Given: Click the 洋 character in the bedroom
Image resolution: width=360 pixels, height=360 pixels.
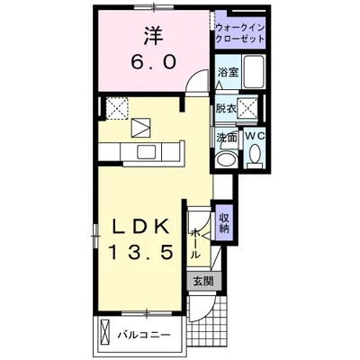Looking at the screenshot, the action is [153, 36].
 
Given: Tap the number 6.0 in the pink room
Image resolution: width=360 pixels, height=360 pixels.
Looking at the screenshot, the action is [153, 63].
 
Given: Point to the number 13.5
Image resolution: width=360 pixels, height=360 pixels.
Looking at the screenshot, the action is [140, 252].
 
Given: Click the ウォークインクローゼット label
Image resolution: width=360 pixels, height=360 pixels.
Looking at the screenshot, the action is [240, 33].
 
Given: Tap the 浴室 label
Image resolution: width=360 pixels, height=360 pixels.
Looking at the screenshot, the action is [228, 72].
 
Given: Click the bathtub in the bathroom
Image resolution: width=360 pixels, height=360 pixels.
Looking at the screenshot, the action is [253, 72].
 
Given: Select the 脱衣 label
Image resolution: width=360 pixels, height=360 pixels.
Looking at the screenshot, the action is [226, 109].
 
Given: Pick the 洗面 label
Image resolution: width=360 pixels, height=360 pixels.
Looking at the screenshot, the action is [227, 137].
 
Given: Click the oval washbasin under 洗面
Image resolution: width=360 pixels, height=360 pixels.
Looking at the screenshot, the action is [226, 158].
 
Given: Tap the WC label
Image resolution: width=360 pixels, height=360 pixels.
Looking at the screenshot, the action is [256, 136].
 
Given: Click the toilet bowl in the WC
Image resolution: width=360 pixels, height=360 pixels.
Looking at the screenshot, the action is [256, 153].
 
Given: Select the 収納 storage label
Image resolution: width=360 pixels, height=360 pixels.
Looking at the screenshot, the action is [224, 223].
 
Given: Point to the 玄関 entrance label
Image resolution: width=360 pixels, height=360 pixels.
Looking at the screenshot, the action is [203, 282].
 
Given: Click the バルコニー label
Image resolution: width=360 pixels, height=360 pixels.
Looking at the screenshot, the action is [144, 334].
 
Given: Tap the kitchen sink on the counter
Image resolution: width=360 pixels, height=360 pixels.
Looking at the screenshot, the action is [147, 152].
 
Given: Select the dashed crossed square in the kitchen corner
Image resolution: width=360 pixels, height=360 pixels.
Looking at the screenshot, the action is [118, 108].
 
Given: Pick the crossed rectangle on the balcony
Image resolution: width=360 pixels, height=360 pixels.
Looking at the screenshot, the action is [104, 334].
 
